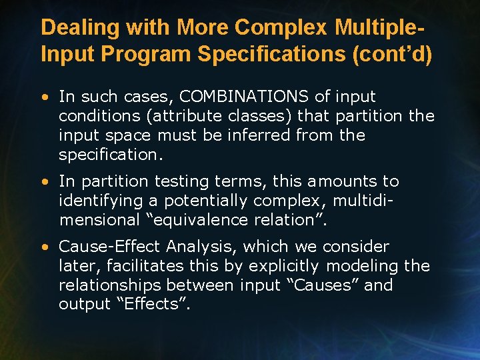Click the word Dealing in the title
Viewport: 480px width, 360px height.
73,28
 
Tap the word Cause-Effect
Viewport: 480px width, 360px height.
109,247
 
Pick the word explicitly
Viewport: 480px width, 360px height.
283,266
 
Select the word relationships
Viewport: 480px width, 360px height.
110,285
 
